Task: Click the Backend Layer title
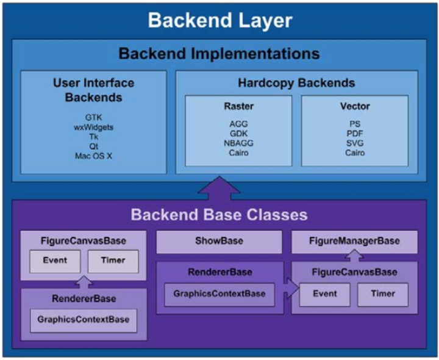pyautogui.click(x=220, y=21)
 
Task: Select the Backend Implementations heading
pyautogui.click(x=220, y=54)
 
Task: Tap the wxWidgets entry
pyautogui.click(x=93, y=128)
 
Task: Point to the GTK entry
pyautogui.click(x=93, y=117)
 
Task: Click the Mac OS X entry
pyautogui.click(x=93, y=156)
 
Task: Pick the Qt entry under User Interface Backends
pyautogui.click(x=93, y=146)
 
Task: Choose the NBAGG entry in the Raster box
pyautogui.click(x=238, y=143)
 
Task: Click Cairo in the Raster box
pyautogui.click(x=238, y=153)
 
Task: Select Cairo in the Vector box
pyautogui.click(x=355, y=153)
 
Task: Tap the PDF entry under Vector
pyautogui.click(x=355, y=134)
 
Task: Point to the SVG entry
pyautogui.click(x=355, y=143)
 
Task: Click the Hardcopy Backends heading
pyautogui.click(x=296, y=83)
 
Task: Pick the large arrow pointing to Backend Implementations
pyautogui.click(x=220, y=189)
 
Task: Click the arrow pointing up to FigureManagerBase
pyautogui.click(x=354, y=256)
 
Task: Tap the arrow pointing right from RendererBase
pyautogui.click(x=291, y=288)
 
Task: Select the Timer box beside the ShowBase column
pyautogui.click(x=383, y=295)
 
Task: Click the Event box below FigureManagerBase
pyautogui.click(x=325, y=295)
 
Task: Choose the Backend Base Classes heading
pyautogui.click(x=220, y=215)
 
